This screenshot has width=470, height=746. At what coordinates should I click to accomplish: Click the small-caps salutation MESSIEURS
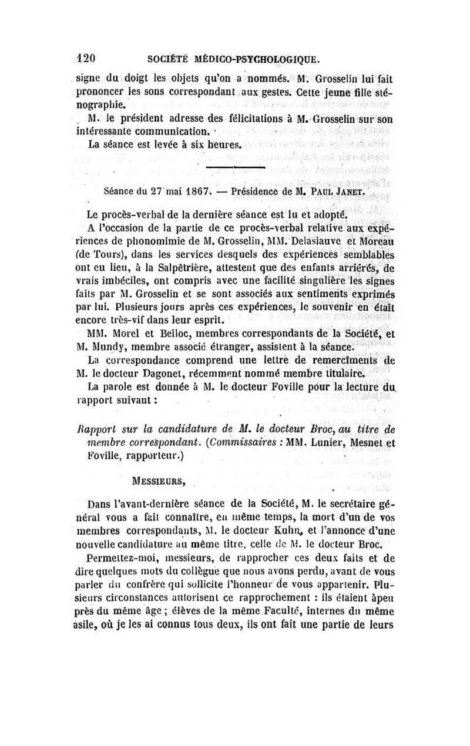coord(159,482)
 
